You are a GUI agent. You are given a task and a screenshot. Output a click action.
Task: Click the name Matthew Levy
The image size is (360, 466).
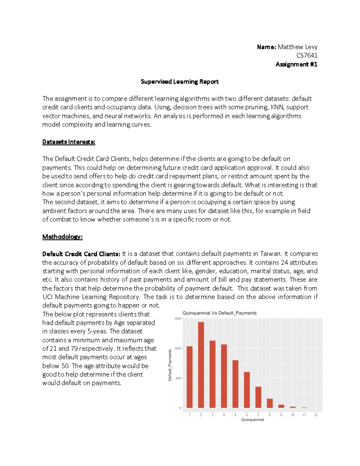(297, 47)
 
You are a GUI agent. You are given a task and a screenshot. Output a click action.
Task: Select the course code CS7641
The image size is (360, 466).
(307, 56)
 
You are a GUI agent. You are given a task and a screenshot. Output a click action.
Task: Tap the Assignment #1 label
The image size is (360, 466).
(296, 64)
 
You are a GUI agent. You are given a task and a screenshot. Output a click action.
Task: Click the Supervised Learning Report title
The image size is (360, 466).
(179, 82)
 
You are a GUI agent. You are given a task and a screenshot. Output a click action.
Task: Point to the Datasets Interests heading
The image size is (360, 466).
(69, 142)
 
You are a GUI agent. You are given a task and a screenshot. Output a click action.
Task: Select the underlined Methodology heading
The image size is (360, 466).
(62, 237)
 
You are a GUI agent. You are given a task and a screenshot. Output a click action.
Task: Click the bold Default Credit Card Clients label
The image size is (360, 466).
(81, 254)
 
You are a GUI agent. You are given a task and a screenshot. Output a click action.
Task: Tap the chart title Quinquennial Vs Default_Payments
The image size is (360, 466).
(219, 313)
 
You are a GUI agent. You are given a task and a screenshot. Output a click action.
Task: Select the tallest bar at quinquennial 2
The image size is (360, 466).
(201, 365)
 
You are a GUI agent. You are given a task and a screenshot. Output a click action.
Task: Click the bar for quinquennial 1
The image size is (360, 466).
(190, 377)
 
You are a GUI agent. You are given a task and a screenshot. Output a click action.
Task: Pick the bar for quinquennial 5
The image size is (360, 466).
(235, 384)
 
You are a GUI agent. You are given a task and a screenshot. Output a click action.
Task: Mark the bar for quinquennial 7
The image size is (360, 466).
(258, 397)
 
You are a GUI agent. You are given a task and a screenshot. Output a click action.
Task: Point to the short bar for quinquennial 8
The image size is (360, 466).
(270, 403)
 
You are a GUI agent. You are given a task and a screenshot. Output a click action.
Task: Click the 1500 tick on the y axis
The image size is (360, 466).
(177, 319)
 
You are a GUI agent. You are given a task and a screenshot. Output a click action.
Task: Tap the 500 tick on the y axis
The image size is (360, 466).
(178, 378)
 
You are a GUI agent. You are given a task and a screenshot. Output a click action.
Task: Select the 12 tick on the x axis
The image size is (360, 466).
(316, 415)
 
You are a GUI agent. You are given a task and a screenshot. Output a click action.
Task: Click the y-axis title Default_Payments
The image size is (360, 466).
(170, 365)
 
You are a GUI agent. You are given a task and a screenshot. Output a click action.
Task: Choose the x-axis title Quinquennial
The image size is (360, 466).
(252, 420)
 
